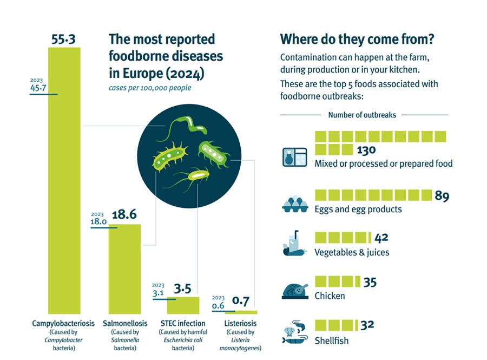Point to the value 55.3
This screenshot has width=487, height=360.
[x=64, y=39]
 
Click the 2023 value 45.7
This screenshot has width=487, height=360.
[x=38, y=88]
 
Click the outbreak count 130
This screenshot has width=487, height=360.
[x=366, y=150]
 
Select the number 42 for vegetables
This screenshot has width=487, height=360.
[x=381, y=238]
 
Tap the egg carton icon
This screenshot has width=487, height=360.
[x=295, y=205]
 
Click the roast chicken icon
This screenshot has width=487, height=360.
[x=295, y=291]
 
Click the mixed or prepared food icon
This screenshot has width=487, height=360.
[x=295, y=157]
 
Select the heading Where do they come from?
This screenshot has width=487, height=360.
[x=358, y=40]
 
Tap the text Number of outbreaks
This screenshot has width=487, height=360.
[x=362, y=115]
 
